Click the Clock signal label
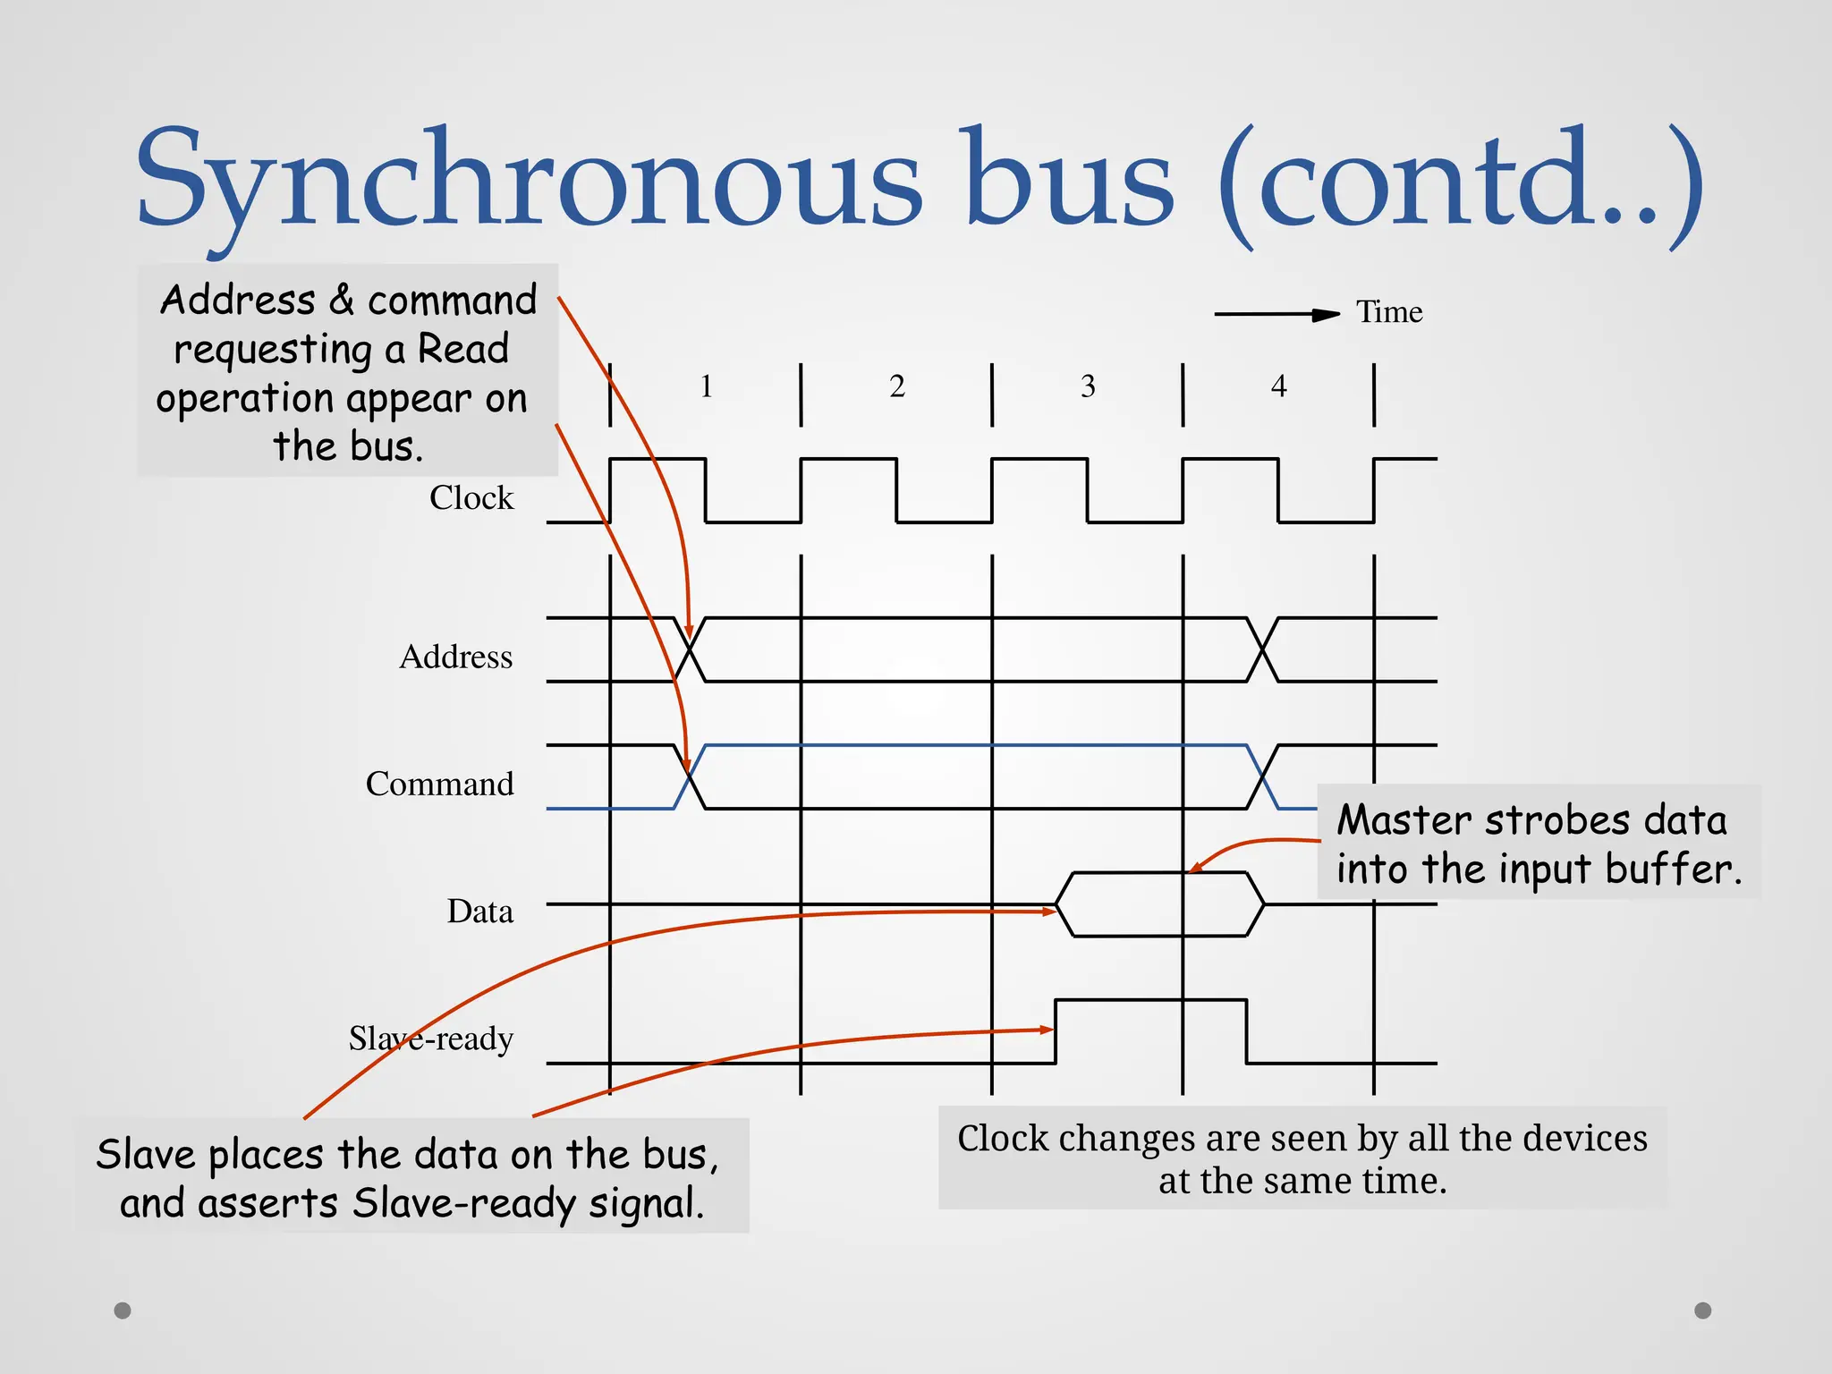click(x=471, y=498)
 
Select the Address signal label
click(x=455, y=657)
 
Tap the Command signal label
click(x=439, y=785)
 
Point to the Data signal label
click(x=479, y=912)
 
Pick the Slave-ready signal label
click(x=430, y=1039)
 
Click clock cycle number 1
click(x=706, y=386)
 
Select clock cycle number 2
click(x=897, y=386)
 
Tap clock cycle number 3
click(x=1088, y=386)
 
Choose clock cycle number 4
click(x=1279, y=386)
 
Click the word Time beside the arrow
click(x=1388, y=312)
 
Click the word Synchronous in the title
click(x=528, y=179)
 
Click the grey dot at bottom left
click(x=123, y=1310)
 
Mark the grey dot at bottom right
click(x=1703, y=1310)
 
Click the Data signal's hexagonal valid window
click(x=1159, y=904)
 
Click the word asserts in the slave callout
click(x=267, y=1203)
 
